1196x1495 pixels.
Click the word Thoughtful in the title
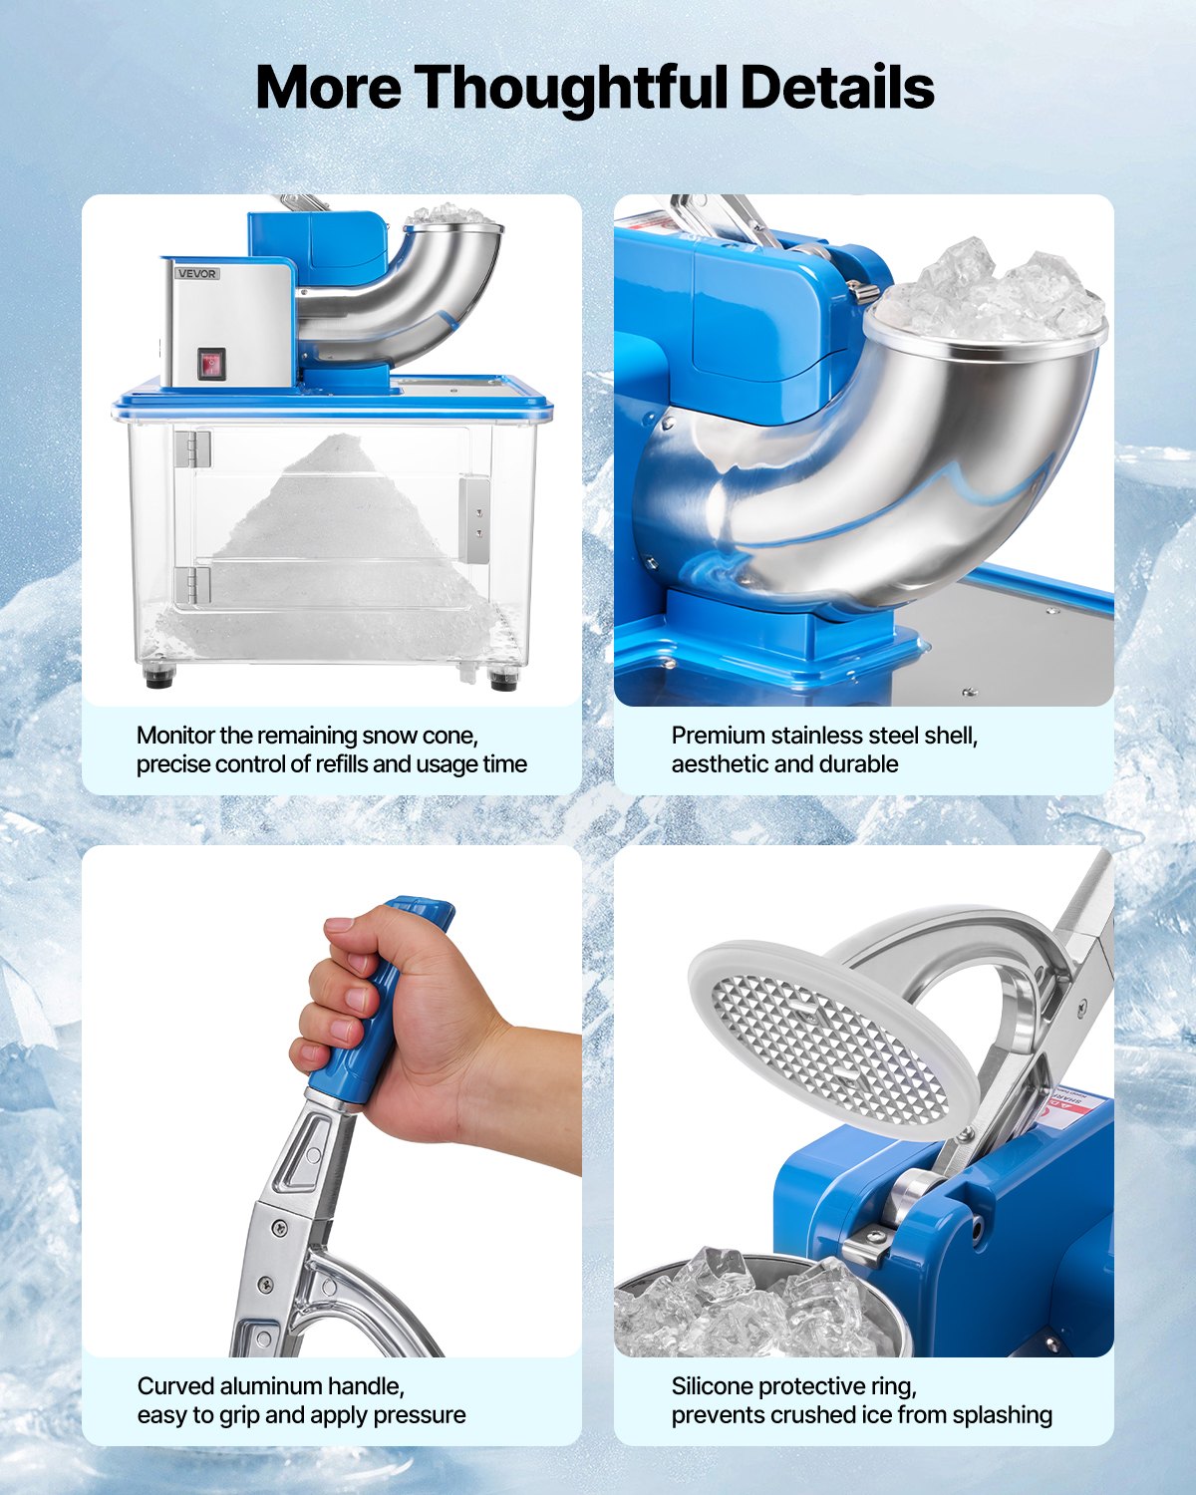(x=570, y=88)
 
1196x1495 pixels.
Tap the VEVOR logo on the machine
(x=197, y=273)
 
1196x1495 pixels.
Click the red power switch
(x=210, y=364)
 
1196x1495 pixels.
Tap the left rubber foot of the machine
(x=158, y=678)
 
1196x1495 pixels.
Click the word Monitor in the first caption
(x=175, y=736)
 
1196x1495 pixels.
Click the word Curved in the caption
(x=175, y=1386)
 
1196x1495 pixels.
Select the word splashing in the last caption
(x=1002, y=1415)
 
